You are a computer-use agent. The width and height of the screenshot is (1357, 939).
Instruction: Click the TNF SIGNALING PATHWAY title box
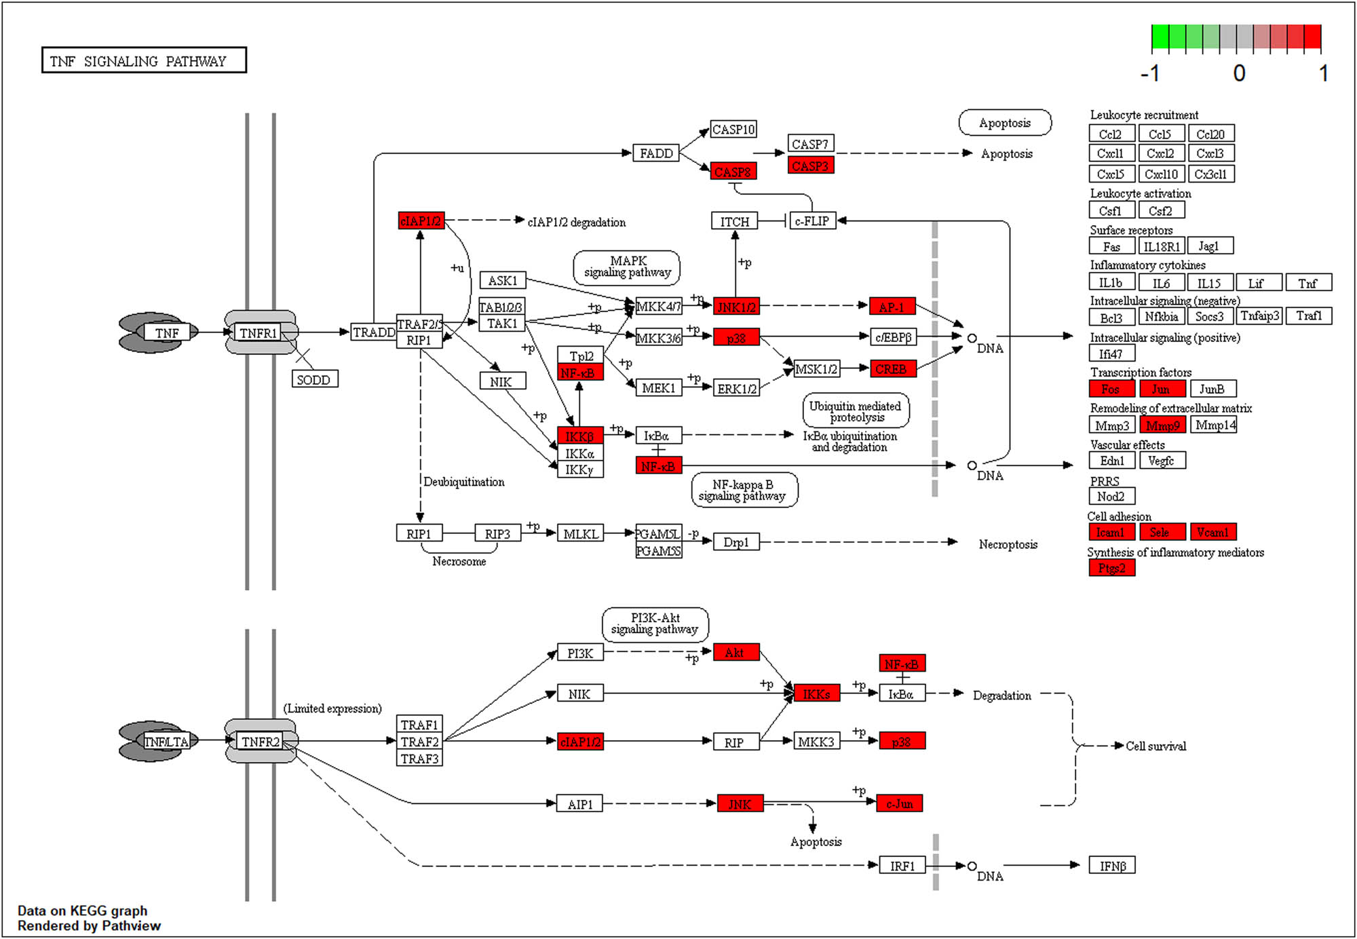tap(143, 60)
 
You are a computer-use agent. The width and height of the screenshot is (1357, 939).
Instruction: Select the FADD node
tap(655, 153)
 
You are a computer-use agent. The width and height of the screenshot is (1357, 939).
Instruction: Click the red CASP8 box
tap(733, 172)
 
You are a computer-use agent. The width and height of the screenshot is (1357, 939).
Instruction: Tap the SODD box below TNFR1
tap(314, 379)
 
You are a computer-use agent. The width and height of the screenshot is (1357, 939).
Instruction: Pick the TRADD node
tap(373, 332)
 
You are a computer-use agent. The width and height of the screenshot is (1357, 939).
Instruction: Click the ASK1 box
tap(502, 280)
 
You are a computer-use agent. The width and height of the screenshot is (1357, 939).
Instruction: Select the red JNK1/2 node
tap(736, 307)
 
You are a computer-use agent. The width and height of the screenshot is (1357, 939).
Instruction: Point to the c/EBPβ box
tap(893, 337)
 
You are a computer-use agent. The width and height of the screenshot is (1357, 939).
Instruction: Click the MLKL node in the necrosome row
tap(580, 534)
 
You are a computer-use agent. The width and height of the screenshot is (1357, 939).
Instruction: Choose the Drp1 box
tap(736, 542)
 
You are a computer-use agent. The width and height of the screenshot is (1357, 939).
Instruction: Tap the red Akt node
tap(735, 652)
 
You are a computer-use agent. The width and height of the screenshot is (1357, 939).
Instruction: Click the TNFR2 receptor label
tap(261, 742)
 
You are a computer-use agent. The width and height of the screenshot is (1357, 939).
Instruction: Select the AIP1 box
tap(579, 804)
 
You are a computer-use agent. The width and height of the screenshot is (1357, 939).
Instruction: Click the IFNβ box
tap(1112, 866)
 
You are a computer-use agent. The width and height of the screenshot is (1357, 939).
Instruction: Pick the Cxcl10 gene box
tap(1161, 174)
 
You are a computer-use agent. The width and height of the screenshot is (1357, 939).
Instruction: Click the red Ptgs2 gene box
tap(1111, 568)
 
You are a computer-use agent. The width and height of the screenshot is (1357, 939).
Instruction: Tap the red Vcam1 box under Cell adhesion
tap(1212, 532)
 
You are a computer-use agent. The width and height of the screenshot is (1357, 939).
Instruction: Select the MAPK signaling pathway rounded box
tap(627, 267)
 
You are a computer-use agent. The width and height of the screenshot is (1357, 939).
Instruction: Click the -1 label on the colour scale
tap(1151, 73)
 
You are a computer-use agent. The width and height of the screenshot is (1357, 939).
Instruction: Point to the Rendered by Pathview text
tap(89, 925)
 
